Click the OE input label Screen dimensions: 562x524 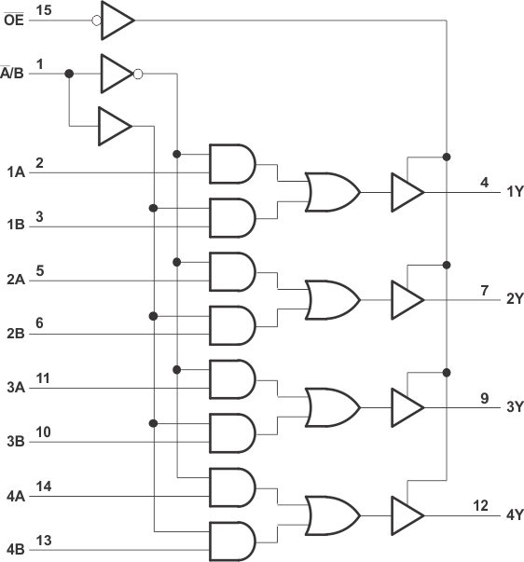coord(13,20)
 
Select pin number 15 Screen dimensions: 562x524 coord(43,9)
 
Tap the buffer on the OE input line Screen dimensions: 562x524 coord(116,20)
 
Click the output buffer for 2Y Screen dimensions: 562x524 coord(407,299)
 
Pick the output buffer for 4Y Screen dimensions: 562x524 coord(407,514)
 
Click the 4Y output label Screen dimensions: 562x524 coord(515,514)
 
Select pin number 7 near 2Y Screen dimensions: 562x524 coord(485,290)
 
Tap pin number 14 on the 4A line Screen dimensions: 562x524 coord(43,486)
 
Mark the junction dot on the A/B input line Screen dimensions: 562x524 coord(69,72)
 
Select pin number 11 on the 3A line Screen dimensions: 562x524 coord(43,377)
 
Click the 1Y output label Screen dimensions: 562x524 coord(515,192)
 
